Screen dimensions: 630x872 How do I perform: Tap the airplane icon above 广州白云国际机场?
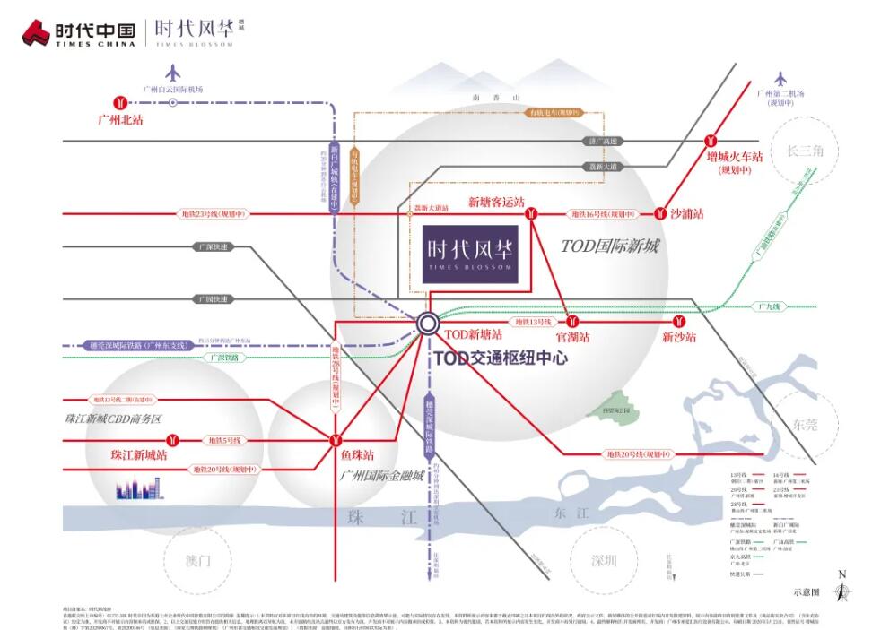(172, 73)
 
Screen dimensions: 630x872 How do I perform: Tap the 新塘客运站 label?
(496, 203)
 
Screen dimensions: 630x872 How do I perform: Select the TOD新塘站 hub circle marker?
(427, 323)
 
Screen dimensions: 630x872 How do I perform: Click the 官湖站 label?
(573, 337)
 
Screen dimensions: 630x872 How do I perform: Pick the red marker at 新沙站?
(680, 321)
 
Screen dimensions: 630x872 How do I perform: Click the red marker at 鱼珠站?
(336, 440)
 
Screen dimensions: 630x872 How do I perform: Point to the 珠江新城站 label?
(139, 454)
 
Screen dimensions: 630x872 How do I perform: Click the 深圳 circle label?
(604, 561)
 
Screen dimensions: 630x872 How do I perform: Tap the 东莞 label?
(807, 423)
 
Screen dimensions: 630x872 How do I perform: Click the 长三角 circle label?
(805, 151)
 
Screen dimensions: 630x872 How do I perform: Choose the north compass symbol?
(841, 588)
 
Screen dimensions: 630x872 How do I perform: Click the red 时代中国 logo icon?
(36, 32)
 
